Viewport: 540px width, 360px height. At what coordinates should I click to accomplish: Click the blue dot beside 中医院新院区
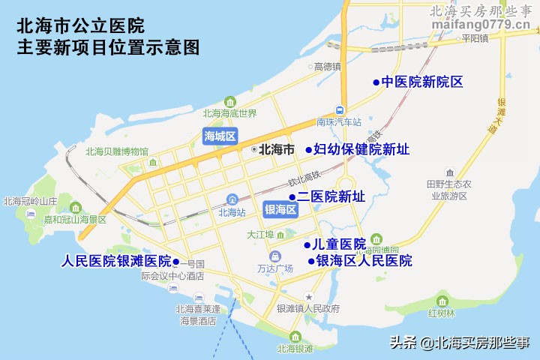376,82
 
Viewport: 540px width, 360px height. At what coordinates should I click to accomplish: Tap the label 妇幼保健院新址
361,149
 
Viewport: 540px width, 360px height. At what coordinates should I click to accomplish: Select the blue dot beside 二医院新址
292,197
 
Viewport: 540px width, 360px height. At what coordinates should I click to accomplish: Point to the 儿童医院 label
339,244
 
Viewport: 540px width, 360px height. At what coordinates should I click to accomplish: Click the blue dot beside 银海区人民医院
310,261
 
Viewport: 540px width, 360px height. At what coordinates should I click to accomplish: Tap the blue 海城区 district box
220,136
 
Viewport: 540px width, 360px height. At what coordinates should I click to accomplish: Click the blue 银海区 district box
280,209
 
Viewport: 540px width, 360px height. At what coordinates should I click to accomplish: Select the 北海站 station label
232,212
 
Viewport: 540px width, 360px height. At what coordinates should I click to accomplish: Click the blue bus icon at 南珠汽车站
339,109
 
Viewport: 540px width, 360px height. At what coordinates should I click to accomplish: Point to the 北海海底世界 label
229,114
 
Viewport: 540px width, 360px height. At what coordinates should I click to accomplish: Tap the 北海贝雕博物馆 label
117,151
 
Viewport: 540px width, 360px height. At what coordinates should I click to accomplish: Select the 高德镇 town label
328,67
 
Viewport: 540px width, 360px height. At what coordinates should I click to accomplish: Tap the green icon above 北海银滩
295,336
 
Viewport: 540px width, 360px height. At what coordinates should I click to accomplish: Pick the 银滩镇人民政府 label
308,309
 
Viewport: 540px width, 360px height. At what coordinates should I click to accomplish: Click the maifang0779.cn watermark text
482,25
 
